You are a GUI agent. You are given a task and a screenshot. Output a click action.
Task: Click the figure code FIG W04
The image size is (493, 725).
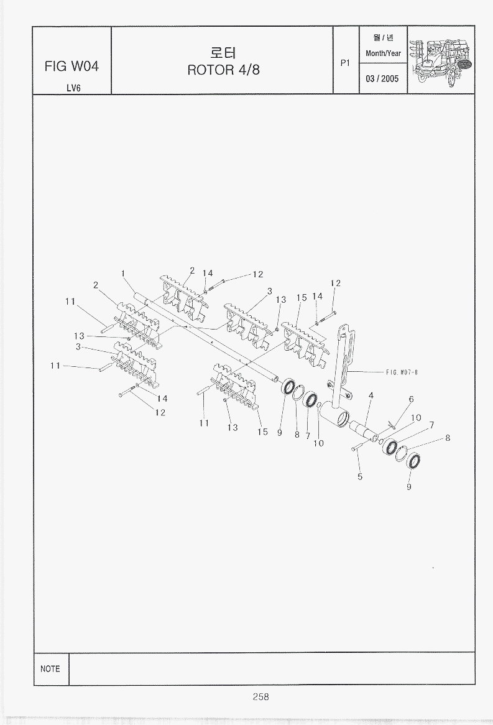coord(71,66)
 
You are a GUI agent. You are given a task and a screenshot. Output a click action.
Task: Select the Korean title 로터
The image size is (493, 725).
coord(223,52)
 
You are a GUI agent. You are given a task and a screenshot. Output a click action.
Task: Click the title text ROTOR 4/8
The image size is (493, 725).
coord(223,69)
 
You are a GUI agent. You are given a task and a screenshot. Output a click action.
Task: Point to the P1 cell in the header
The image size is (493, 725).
coord(346,63)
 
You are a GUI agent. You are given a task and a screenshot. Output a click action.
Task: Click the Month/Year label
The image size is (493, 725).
coord(383,53)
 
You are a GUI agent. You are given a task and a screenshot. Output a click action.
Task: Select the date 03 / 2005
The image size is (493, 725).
coord(383,79)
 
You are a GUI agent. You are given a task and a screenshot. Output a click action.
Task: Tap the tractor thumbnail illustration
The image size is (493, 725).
coord(441,60)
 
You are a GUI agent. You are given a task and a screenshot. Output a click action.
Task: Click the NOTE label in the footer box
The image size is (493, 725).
coord(50,669)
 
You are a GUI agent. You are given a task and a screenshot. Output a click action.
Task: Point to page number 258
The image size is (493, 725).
coord(260,697)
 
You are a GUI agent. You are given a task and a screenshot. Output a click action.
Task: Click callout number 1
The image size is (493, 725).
coord(124,273)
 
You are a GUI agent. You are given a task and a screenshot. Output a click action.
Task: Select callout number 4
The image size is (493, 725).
coord(371,395)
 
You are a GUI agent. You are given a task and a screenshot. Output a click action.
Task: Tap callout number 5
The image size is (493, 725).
coord(360,477)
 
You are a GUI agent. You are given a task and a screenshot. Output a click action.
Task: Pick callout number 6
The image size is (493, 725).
coord(411,399)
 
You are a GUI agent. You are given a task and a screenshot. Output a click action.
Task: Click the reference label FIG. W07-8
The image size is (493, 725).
coord(401,372)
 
